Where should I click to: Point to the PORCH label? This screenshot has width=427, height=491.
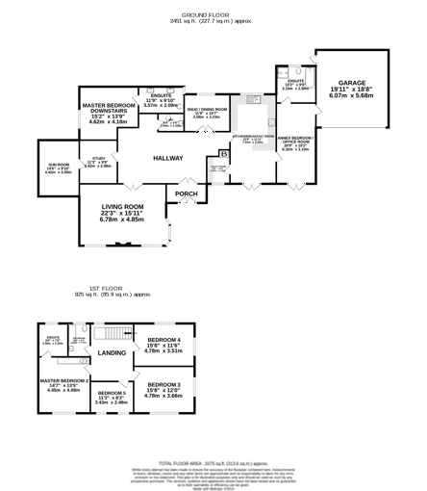click(x=186, y=194)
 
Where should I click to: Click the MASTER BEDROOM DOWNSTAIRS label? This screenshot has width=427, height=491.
click(x=108, y=108)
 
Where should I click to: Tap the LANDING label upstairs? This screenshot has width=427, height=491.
click(x=112, y=353)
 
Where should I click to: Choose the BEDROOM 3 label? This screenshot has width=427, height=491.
click(x=163, y=384)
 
